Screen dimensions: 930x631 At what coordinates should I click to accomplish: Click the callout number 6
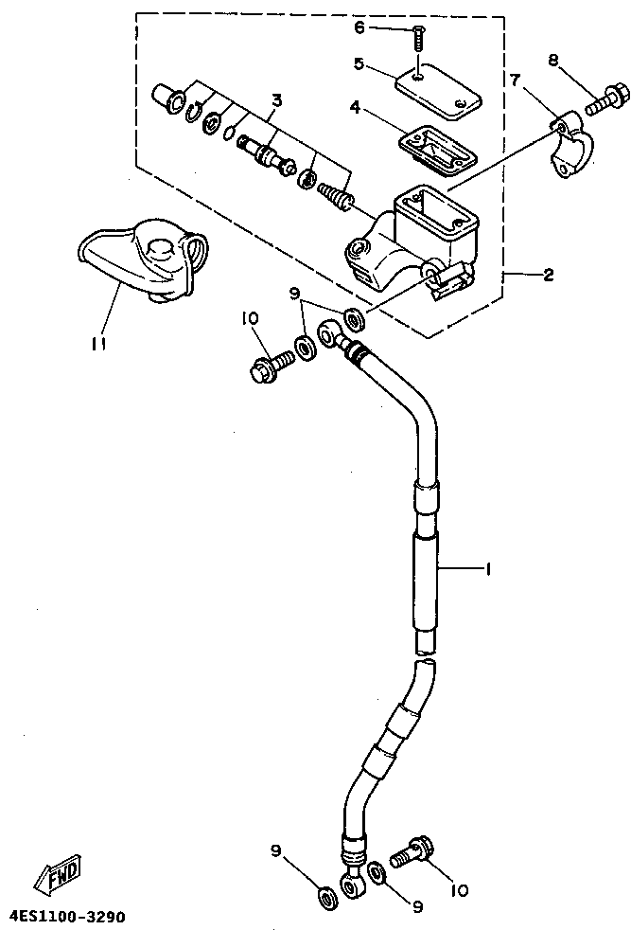pyautogui.click(x=359, y=27)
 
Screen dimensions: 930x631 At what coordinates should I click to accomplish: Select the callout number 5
pyautogui.click(x=359, y=64)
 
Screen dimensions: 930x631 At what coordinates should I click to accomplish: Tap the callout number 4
pyautogui.click(x=355, y=108)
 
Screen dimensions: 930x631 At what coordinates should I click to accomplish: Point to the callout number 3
pyautogui.click(x=276, y=99)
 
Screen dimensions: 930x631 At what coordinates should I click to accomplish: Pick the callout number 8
pyautogui.click(x=553, y=61)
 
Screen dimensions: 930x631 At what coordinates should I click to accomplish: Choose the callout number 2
pyautogui.click(x=548, y=276)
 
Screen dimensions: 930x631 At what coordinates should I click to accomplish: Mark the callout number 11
pyautogui.click(x=98, y=345)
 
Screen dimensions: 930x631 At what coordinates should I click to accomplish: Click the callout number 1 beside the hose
pyautogui.click(x=488, y=570)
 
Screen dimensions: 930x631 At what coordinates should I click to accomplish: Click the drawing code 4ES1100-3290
pyautogui.click(x=67, y=917)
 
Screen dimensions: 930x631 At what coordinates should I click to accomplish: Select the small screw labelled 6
pyautogui.click(x=417, y=41)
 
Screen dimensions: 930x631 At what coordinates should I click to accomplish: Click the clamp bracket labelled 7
pyautogui.click(x=570, y=147)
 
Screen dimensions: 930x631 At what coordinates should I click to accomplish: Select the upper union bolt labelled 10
pyautogui.click(x=268, y=366)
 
